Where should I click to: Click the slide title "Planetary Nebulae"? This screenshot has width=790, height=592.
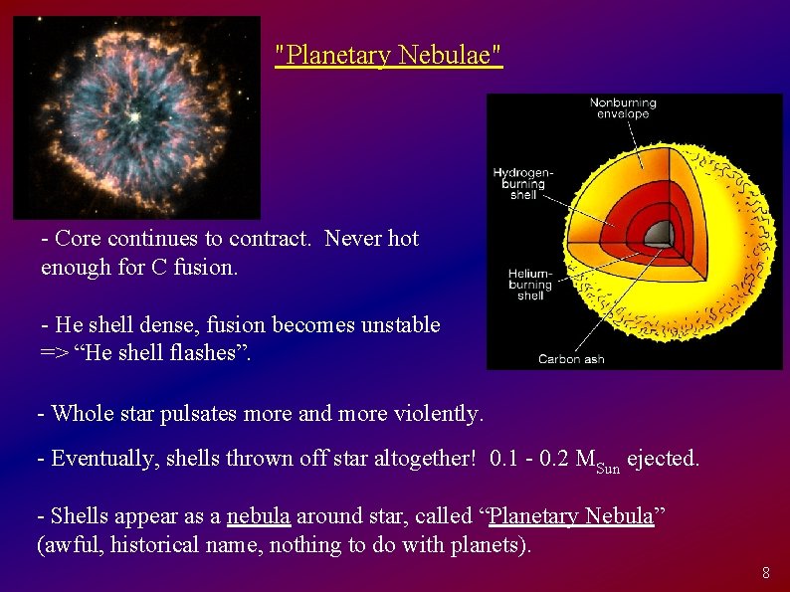pos(389,56)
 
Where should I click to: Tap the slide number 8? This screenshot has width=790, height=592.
pos(765,573)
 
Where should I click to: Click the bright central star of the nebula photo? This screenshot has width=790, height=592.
pos(134,116)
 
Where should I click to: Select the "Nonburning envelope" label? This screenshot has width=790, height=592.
pos(623,108)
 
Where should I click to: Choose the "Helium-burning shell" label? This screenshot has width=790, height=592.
pos(529,284)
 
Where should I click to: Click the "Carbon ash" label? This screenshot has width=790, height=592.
pos(571,359)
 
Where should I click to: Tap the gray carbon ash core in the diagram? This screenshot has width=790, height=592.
pos(658,234)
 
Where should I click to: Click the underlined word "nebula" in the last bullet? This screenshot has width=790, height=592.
pos(258,516)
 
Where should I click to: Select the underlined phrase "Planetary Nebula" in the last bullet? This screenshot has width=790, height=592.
pos(572,516)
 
